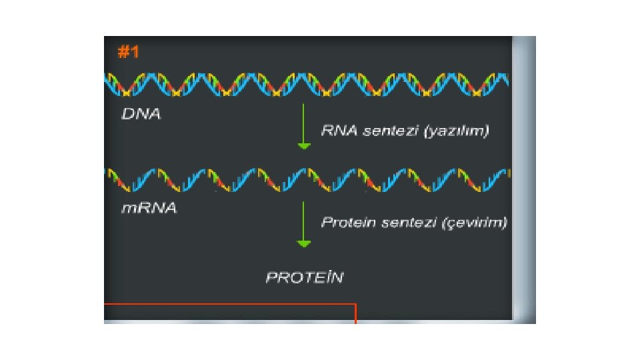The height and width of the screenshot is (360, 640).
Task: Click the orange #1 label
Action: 128,52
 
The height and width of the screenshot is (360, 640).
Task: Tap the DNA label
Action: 141,114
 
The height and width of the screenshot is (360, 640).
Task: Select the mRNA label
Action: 149,209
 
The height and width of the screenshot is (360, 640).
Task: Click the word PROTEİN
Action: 305,277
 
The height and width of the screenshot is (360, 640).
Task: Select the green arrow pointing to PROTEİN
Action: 303,223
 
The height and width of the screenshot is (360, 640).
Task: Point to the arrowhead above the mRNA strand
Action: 303,146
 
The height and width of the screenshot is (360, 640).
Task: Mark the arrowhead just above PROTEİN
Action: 303,244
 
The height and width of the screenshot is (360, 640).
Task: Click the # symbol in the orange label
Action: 123,52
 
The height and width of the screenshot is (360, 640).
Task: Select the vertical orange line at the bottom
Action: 355,313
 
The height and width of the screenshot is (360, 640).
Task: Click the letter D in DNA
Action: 127,114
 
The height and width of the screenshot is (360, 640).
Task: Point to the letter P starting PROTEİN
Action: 271,277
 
